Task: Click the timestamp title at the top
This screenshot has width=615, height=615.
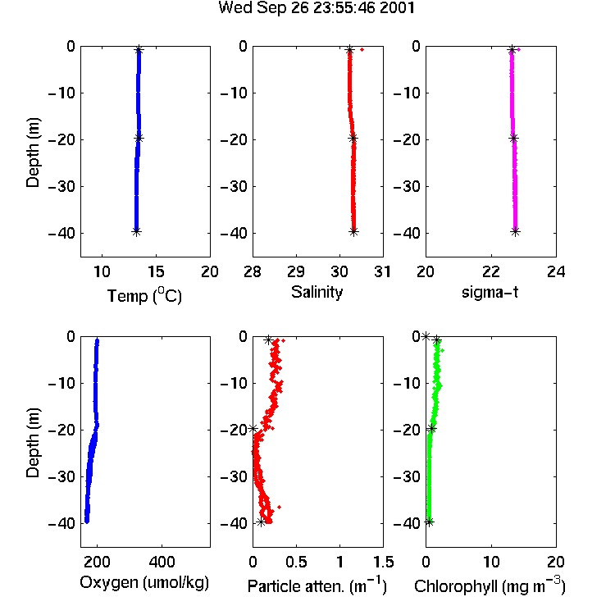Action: pyautogui.click(x=317, y=8)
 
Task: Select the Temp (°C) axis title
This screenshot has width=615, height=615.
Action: pyautogui.click(x=144, y=295)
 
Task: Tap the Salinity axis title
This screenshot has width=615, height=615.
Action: pyautogui.click(x=317, y=293)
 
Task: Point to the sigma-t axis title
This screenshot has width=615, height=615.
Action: pyautogui.click(x=490, y=292)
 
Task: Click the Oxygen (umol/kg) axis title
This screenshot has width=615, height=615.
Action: pyautogui.click(x=144, y=583)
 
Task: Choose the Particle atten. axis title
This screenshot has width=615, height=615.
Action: pyautogui.click(x=317, y=585)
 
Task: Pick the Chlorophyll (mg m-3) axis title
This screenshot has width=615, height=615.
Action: pyautogui.click(x=490, y=585)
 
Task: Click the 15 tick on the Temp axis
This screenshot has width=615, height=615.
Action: pyautogui.click(x=156, y=271)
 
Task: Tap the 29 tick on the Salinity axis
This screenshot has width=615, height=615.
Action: pyautogui.click(x=296, y=271)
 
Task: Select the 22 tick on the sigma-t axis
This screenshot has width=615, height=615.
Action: pyautogui.click(x=491, y=271)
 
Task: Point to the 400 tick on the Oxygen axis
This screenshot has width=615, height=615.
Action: pyautogui.click(x=162, y=562)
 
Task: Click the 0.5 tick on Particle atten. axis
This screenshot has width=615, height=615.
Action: pyautogui.click(x=296, y=562)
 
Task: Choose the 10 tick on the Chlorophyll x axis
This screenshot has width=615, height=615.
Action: pyautogui.click(x=491, y=562)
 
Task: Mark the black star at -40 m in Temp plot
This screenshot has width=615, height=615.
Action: pyautogui.click(x=136, y=232)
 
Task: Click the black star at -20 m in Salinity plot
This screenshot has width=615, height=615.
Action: pyautogui.click(x=353, y=138)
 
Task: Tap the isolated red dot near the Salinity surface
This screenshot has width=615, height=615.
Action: pyautogui.click(x=362, y=49)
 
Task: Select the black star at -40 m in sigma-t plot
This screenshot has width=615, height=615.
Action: pyautogui.click(x=516, y=232)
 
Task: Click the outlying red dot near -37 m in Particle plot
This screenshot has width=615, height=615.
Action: pyautogui.click(x=280, y=507)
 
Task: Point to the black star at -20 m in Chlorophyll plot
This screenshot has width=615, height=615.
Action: pyautogui.click(x=431, y=429)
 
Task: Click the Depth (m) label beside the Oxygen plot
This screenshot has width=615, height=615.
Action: pyautogui.click(x=33, y=443)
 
